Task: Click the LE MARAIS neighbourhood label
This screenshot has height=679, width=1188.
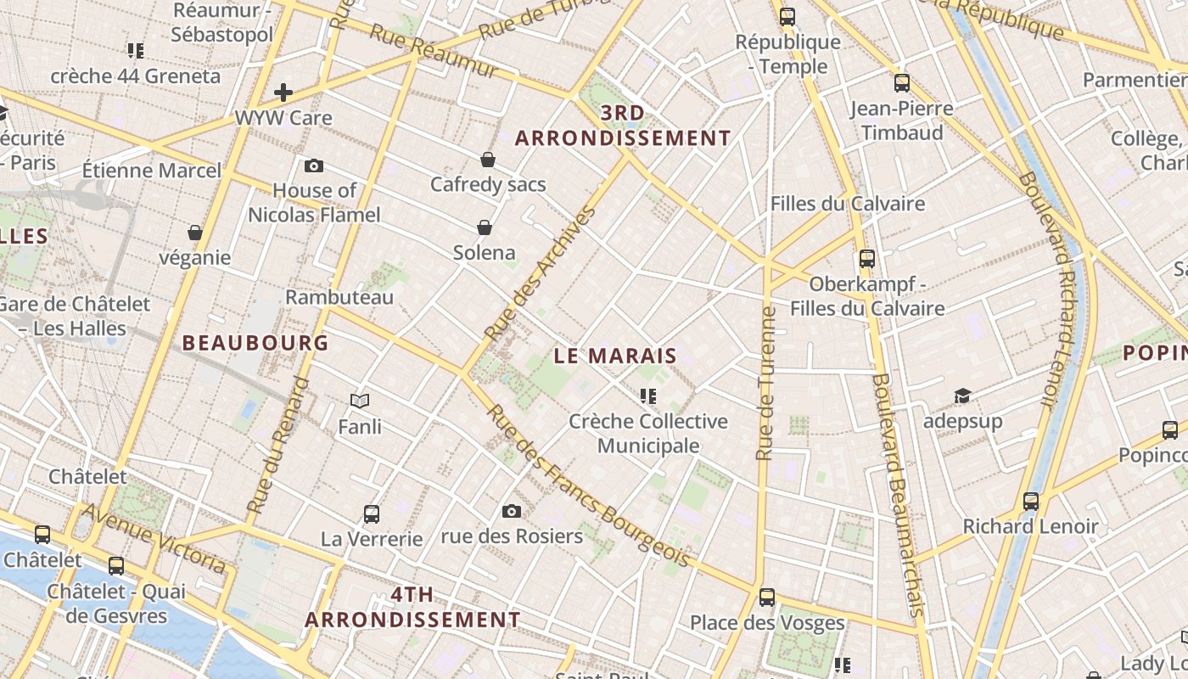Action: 615,356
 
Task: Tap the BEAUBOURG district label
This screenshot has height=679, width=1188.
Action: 255,343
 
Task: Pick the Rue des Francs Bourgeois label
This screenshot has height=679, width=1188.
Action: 587,486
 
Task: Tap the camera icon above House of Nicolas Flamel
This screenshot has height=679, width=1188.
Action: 314,166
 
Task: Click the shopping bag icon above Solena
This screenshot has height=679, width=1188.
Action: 485,227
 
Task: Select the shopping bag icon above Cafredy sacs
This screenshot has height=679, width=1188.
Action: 488,160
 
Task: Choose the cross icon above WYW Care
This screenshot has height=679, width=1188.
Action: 283,93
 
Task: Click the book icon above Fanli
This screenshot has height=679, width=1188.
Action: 360,401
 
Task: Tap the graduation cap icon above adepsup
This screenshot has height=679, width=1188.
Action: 962,396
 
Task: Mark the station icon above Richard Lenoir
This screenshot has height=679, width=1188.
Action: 1031,502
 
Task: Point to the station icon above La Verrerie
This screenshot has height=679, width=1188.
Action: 372,513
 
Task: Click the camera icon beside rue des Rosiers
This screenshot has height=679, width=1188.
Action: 511,511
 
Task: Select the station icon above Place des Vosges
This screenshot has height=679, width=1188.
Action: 767,598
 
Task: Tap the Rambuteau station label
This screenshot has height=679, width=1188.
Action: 339,297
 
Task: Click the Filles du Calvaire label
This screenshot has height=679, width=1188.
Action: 847,204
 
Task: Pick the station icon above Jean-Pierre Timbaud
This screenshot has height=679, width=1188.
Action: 902,83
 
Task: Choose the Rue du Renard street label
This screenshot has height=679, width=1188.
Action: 278,446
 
